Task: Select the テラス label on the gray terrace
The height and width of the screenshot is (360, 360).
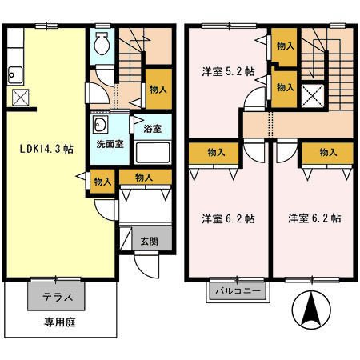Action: coord(58,297)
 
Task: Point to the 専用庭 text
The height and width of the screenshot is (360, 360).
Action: coord(58,326)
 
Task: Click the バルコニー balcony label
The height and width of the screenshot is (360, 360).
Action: coord(238,291)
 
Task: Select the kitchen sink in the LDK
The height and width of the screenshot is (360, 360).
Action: coord(15,77)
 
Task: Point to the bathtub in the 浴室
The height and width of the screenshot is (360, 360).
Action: coord(152,151)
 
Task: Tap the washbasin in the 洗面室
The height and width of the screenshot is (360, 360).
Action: coord(101,126)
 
